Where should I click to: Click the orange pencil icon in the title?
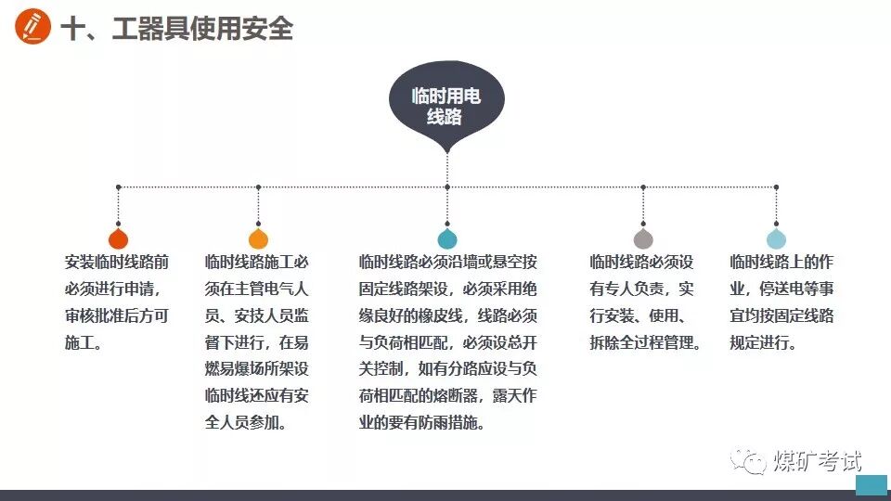coord(33,28)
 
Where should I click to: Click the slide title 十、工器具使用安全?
coord(176,29)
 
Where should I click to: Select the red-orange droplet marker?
coord(118,238)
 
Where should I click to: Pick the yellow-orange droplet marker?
coord(258,238)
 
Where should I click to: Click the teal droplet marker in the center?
coord(447,238)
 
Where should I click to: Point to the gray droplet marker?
coord(642,238)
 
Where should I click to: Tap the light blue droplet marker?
coord(776,238)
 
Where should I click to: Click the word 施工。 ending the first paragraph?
coord(84,342)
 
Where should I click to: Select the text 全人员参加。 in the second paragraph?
coord(246,423)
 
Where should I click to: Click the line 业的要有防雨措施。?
coord(421,423)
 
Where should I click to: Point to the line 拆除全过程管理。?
coord(645,342)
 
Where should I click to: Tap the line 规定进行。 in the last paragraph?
coord(763,342)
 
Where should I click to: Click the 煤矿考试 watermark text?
coord(817,461)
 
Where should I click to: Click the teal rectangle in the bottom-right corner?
coord(871,486)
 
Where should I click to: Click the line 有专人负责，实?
coord(641,289)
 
